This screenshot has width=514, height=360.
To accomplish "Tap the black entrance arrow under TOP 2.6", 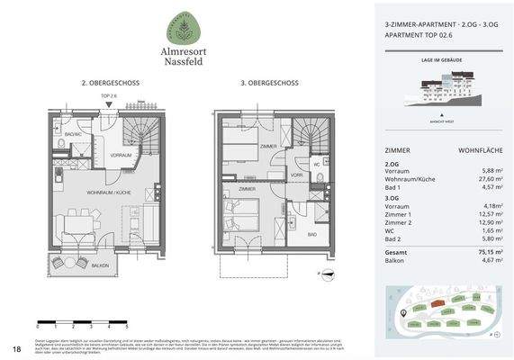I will coord(108,105).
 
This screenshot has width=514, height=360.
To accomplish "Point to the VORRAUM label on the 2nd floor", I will coord(122,155).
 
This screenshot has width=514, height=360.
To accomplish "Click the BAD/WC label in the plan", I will coord(73,134).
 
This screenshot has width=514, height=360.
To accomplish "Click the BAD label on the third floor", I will coord(311,234).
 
